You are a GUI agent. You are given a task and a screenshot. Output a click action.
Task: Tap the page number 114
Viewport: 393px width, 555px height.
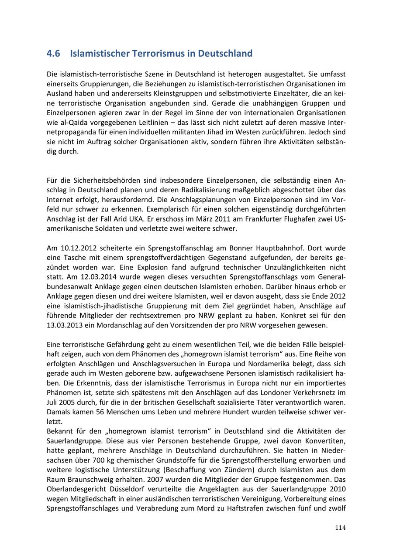(x=341, y=528)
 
